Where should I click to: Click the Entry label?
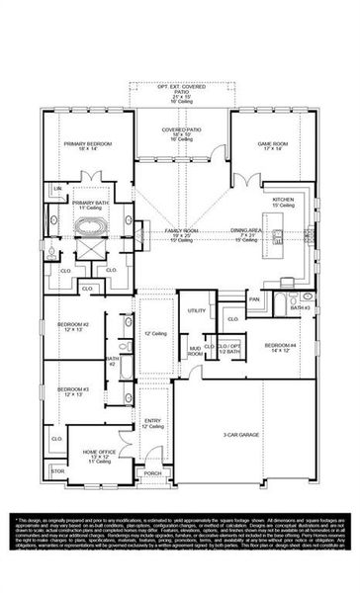pyautogui.click(x=153, y=423)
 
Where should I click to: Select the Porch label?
pyautogui.click(x=152, y=473)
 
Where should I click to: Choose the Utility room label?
pyautogui.click(x=196, y=310)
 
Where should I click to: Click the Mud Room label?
pyautogui.click(x=196, y=350)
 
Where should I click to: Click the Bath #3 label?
pyautogui.click(x=301, y=308)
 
